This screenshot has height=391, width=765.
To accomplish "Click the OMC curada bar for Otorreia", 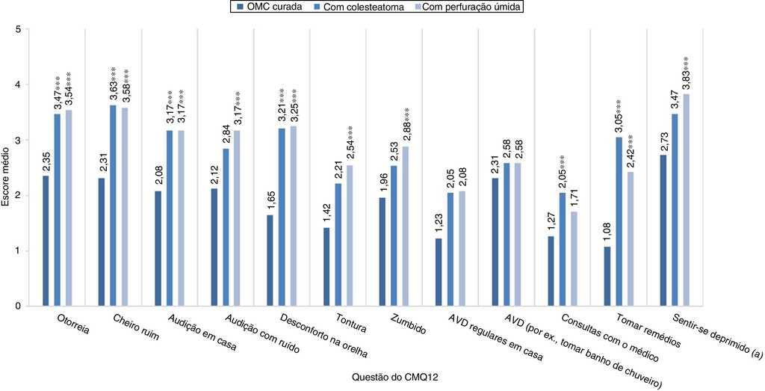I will (46, 241).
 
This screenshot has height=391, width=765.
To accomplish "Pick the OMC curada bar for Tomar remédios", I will (607, 276).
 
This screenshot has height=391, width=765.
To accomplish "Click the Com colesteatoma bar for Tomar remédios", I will (619, 221).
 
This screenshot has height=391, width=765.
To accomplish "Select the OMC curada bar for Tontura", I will (326, 267).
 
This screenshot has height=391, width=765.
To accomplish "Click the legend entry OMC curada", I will (268, 7).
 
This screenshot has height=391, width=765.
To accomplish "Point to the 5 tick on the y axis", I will (17, 30).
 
